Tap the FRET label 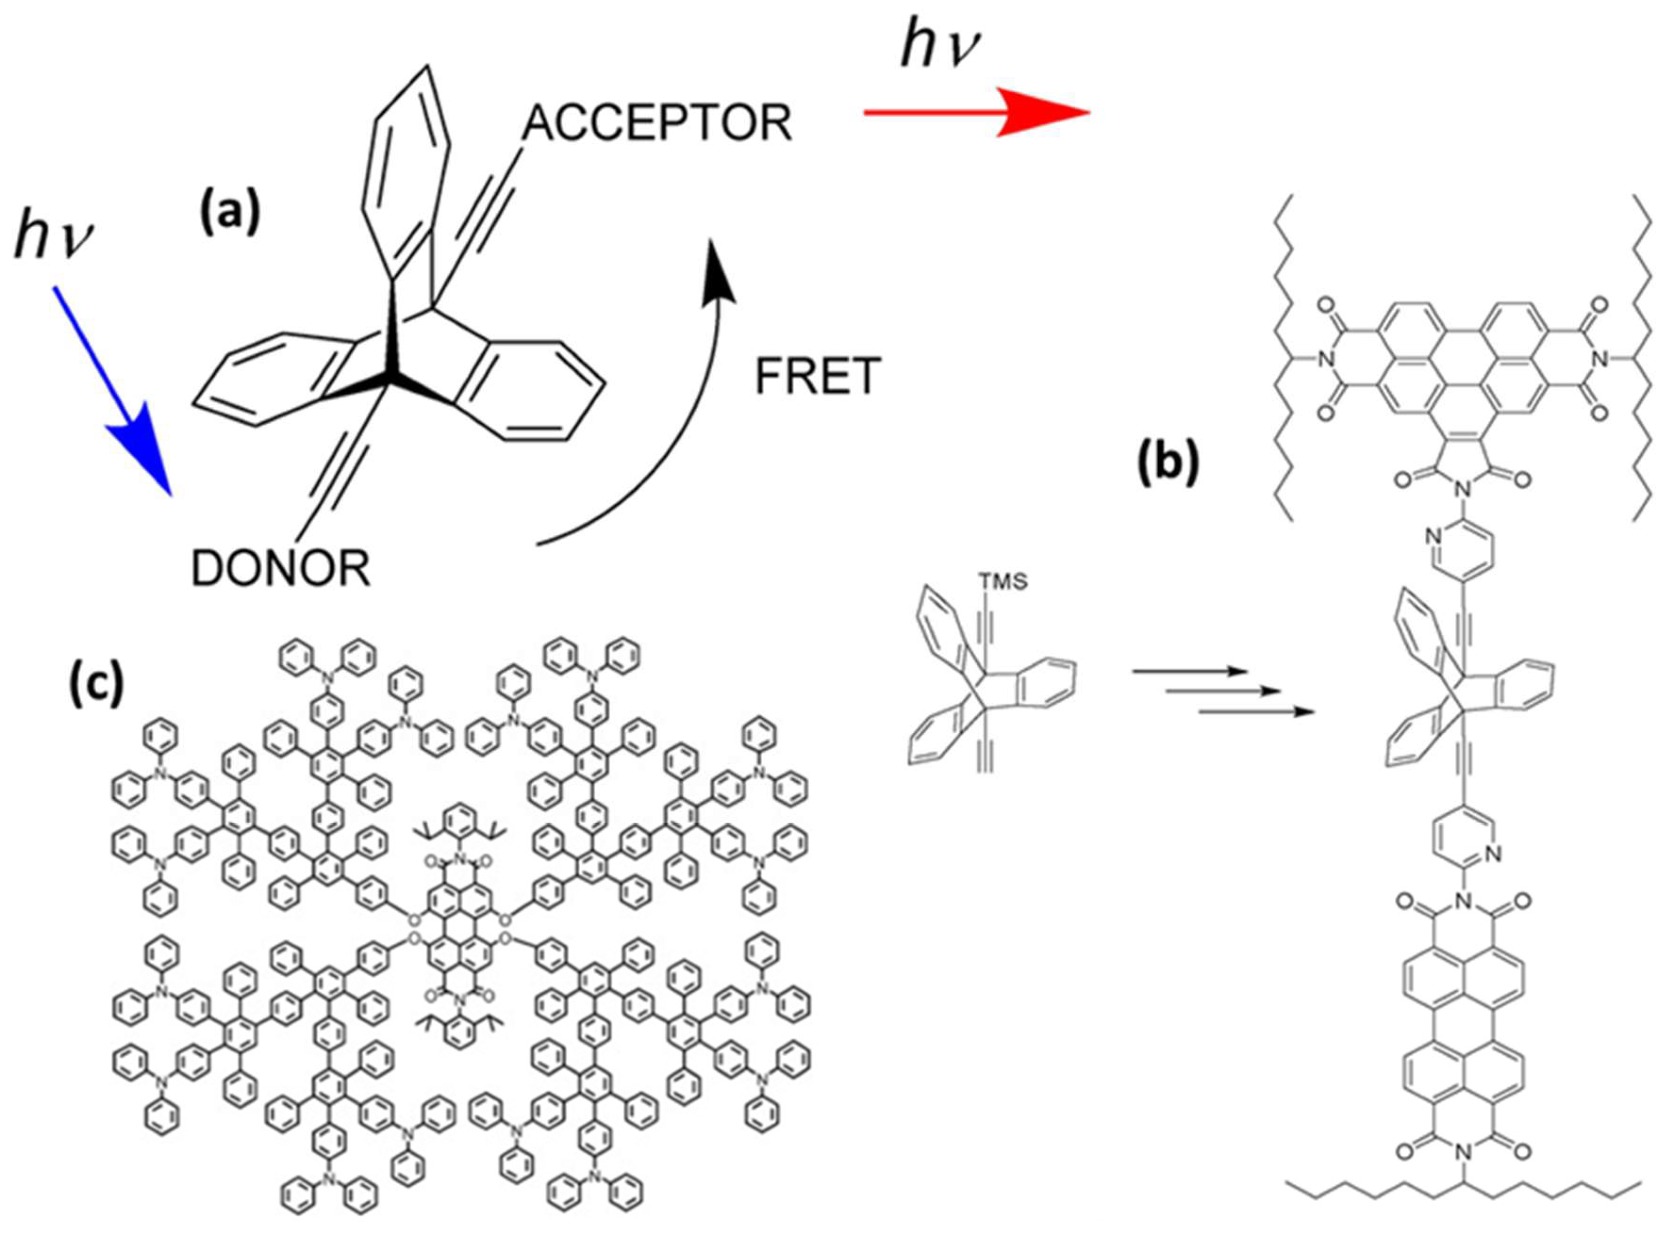818,376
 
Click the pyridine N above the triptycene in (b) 1431,536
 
